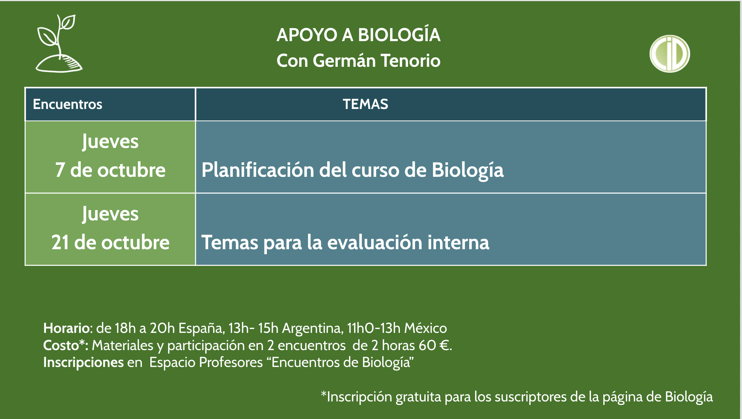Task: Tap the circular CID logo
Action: [670, 54]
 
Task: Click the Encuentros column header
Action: [67, 104]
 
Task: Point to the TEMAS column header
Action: [366, 104]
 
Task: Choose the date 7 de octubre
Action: [110, 170]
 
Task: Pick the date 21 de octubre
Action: [110, 243]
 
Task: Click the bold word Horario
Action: [66, 328]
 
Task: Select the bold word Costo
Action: [61, 345]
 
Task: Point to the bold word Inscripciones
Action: [83, 363]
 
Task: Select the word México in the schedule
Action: [426, 328]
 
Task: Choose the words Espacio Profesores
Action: [206, 363]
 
